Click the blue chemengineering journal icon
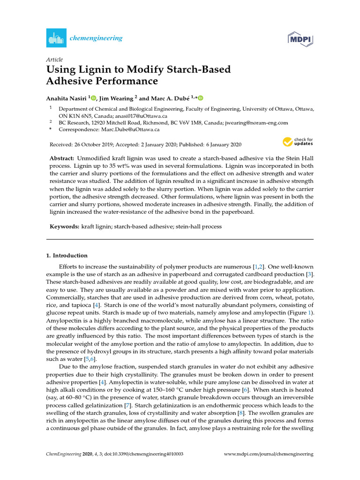point(56,37)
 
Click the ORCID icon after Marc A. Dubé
point(201,97)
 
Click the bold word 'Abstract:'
point(62,159)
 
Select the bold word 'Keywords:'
point(65,226)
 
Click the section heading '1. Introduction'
point(67,255)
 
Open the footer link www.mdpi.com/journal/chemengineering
point(269,454)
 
